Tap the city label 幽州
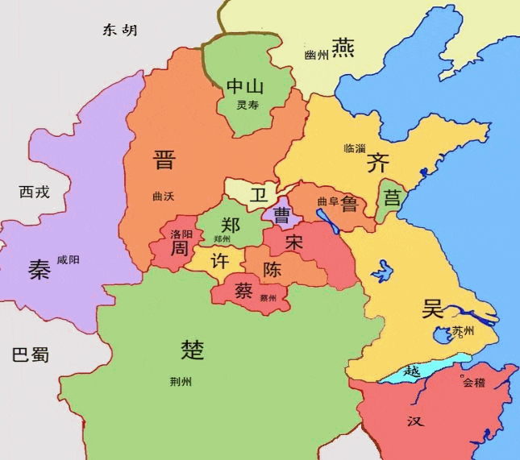317,55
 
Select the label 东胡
119,31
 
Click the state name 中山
245,86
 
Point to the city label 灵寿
248,106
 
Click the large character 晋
164,160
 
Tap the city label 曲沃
163,196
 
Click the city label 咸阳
69,260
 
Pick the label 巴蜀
31,355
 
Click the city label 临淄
355,148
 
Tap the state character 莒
392,197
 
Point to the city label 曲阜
327,201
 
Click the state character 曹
282,214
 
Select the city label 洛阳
181,234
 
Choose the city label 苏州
463,331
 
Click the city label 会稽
474,383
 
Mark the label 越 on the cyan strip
412,371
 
